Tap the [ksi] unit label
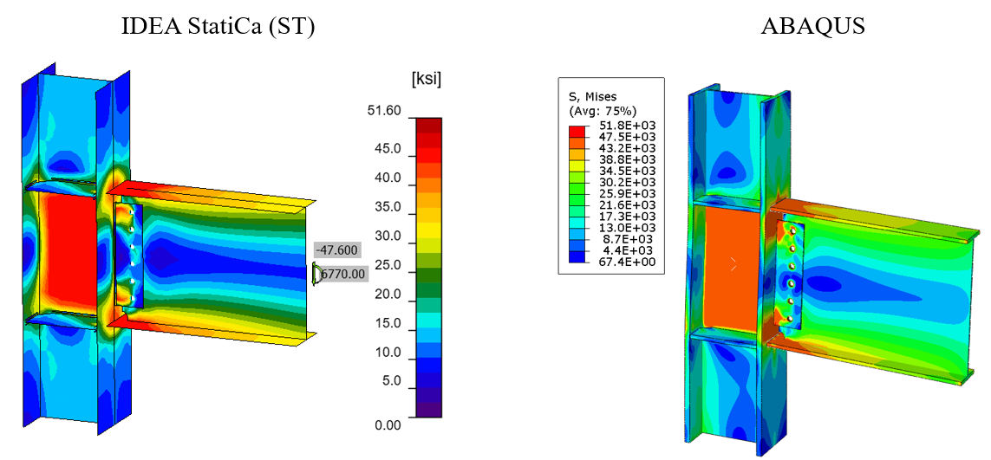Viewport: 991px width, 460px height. [425, 81]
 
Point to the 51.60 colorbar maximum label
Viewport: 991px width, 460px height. [384, 111]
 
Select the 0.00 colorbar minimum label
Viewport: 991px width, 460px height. [387, 424]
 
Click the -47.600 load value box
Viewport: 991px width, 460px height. [337, 250]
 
